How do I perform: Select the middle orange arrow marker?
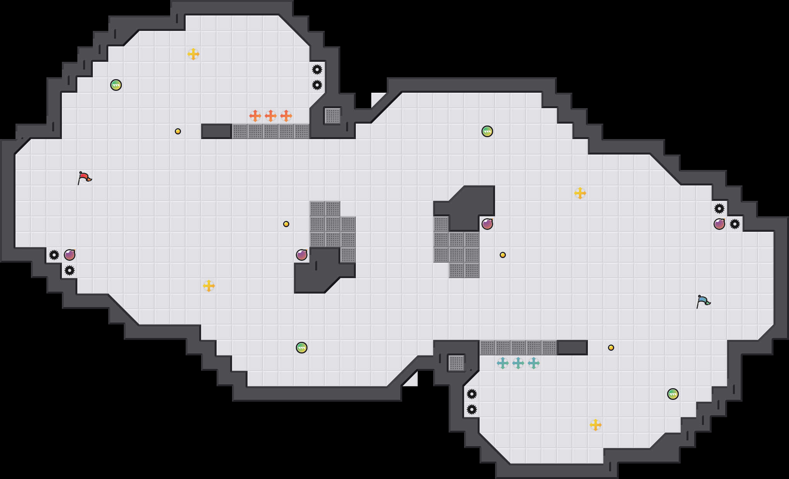270,116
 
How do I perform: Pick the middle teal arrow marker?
518,363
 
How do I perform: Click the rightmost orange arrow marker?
286,116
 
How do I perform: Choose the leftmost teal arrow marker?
502,363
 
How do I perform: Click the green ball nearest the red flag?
116,85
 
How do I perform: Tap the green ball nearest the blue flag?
673,394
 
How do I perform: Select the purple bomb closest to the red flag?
70,255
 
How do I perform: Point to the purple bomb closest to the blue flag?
719,224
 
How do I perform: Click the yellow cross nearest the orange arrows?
193,54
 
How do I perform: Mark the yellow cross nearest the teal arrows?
596,425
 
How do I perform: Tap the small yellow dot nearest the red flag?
178,131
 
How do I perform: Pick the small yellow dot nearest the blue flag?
611,348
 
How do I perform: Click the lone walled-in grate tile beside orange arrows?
333,116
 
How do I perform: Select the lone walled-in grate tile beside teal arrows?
456,363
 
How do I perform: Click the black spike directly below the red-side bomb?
70,270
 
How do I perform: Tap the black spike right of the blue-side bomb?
735,224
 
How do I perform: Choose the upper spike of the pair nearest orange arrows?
317,70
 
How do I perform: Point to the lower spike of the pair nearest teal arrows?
472,409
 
